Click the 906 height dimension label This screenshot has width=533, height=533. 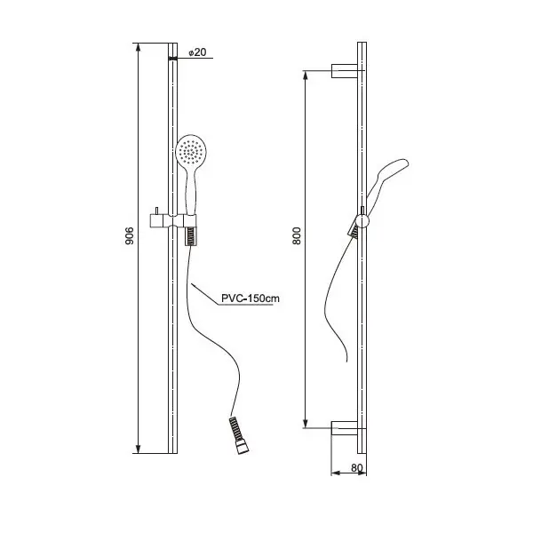click(x=130, y=235)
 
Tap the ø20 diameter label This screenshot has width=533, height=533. click(x=197, y=52)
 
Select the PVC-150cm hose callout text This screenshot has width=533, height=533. click(x=251, y=298)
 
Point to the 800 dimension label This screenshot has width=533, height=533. click(x=297, y=235)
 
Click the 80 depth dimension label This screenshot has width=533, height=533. click(x=357, y=468)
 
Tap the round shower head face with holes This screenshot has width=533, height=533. click(x=191, y=150)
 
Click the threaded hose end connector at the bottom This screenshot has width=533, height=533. click(x=239, y=435)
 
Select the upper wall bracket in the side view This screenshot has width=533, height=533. click(x=345, y=71)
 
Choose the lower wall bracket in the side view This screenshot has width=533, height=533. click(x=345, y=428)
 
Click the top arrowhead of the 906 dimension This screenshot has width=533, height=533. click(x=138, y=47)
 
